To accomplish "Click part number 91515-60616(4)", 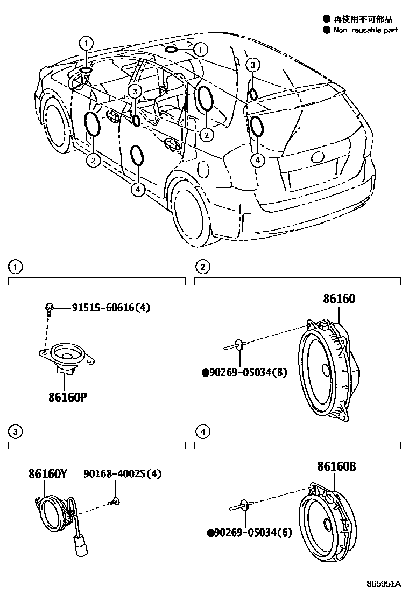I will pos(111,308).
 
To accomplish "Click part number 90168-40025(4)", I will pos(123,474).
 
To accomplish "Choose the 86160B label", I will pos(336,467).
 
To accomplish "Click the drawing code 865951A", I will pos(383,584).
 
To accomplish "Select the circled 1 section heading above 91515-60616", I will pos(16,266).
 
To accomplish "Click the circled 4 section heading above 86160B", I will pos(202,431).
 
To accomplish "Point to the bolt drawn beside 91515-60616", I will pos(48,309).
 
